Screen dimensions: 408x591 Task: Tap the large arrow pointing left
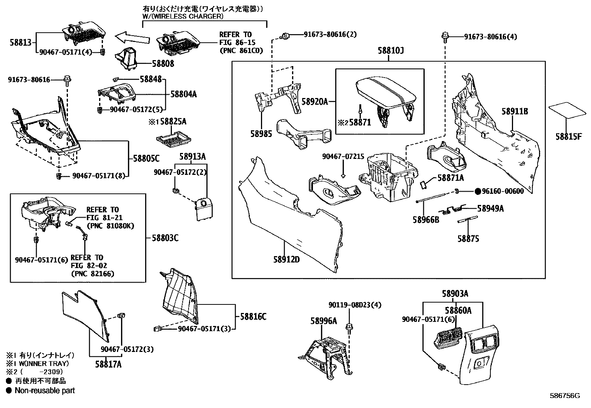point(133,37)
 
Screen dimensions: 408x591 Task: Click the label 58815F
point(568,136)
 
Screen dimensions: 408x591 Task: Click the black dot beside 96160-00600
point(478,192)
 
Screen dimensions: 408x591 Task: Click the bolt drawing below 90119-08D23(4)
point(349,327)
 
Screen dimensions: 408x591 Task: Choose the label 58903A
point(455,294)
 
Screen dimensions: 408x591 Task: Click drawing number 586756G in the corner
point(565,396)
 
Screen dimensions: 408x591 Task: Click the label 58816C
point(253,317)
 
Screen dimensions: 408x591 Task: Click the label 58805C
point(146,159)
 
